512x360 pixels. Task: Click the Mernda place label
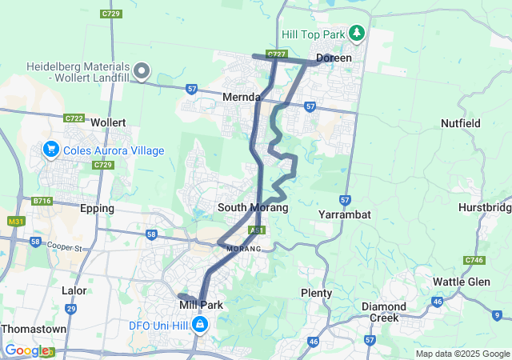(x=241, y=97)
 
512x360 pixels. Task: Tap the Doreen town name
(x=334, y=58)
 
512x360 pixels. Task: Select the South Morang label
(x=253, y=207)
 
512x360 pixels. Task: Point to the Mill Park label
(x=200, y=305)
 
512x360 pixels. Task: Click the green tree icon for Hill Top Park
(x=357, y=34)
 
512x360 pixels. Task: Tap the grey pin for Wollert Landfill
(x=142, y=72)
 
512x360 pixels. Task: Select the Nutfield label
(x=461, y=123)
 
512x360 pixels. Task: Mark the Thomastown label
(x=34, y=329)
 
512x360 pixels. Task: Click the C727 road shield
(x=277, y=54)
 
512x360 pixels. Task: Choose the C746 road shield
(x=474, y=260)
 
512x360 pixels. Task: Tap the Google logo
(x=28, y=350)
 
